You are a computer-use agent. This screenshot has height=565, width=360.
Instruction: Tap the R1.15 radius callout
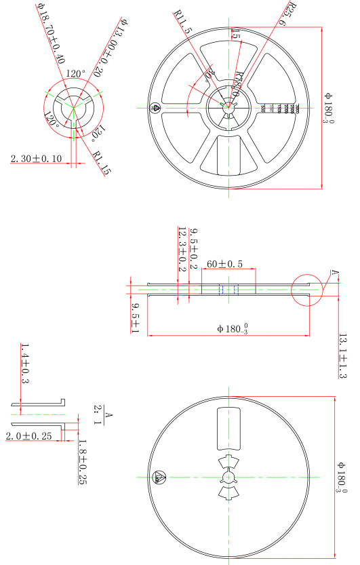(x=101, y=161)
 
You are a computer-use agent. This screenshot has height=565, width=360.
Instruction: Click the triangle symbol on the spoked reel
(x=155, y=107)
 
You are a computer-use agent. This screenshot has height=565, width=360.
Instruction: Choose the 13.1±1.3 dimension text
(x=342, y=355)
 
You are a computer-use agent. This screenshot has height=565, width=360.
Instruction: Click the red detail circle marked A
(x=307, y=290)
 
